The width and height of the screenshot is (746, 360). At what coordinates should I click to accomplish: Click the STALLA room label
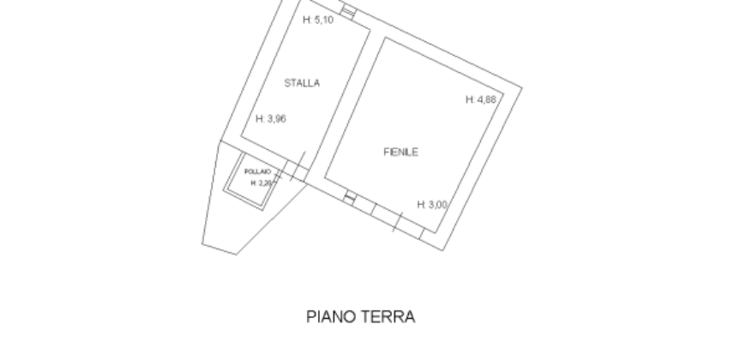coord(302,83)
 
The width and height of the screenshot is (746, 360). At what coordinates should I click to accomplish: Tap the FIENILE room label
coord(400,152)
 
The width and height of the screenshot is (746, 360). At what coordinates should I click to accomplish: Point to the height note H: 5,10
coord(319,21)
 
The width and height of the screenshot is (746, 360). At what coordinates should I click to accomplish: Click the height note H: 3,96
coord(270,119)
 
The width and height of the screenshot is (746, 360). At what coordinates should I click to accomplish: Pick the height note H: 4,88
coord(481,99)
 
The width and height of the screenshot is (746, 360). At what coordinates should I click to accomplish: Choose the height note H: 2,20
coord(261,183)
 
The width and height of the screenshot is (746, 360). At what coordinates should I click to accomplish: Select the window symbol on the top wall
coord(348,9)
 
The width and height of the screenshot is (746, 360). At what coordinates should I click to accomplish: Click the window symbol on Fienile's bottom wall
coord(350,198)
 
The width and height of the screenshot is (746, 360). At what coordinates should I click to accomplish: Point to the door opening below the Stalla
coord(296,170)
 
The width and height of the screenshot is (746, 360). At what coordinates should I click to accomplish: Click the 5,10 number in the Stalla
coord(324,21)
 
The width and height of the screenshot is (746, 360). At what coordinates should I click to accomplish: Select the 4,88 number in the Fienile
coord(486,99)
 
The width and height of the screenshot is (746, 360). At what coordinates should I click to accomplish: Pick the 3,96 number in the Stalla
coord(275,119)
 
